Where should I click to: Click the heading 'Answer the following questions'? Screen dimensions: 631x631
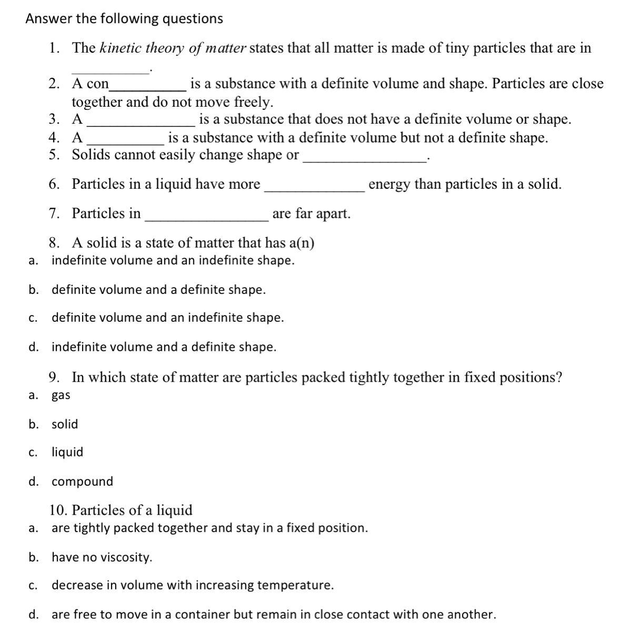[x=124, y=19]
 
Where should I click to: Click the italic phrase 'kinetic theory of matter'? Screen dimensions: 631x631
[x=173, y=48]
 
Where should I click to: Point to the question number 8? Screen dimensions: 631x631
[x=54, y=243]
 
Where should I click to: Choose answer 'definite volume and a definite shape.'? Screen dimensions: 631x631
[x=158, y=290]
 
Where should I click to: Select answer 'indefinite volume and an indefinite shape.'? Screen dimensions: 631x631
[x=173, y=260]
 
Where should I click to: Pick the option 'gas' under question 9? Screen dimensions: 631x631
[x=61, y=395]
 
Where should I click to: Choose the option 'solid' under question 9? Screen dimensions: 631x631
[x=65, y=424]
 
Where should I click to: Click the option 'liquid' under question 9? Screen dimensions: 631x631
[x=67, y=452]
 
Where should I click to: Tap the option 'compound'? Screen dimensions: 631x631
[x=82, y=482]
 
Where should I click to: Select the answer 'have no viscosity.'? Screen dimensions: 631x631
[x=102, y=557]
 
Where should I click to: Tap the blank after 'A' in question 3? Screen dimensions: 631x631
[x=141, y=120]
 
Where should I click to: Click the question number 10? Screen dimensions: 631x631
[x=59, y=511]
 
